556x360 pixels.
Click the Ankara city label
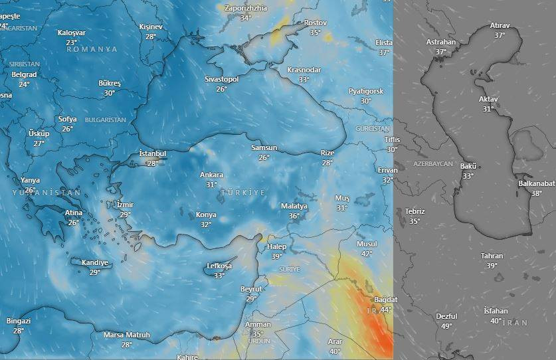click(x=212, y=175)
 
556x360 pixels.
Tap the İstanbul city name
click(x=152, y=154)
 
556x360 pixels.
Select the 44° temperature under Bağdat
click(x=386, y=310)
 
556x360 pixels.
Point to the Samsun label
click(x=264, y=148)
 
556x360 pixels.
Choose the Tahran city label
click(x=492, y=256)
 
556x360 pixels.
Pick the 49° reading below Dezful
click(x=447, y=326)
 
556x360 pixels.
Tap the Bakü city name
click(x=469, y=167)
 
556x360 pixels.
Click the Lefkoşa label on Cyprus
click(x=219, y=266)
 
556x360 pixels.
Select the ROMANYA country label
click(x=92, y=49)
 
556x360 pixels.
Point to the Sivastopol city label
click(x=221, y=80)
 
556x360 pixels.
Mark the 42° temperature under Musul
click(x=367, y=254)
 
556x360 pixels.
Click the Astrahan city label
click(x=441, y=42)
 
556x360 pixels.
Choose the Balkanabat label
click(x=537, y=184)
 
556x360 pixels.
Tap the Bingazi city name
click(x=19, y=321)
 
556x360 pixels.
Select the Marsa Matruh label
click(x=127, y=335)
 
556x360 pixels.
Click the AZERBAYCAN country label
click(x=432, y=163)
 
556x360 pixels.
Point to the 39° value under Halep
click(x=276, y=256)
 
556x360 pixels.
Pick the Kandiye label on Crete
click(x=95, y=263)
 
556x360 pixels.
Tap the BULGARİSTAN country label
click(x=106, y=120)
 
